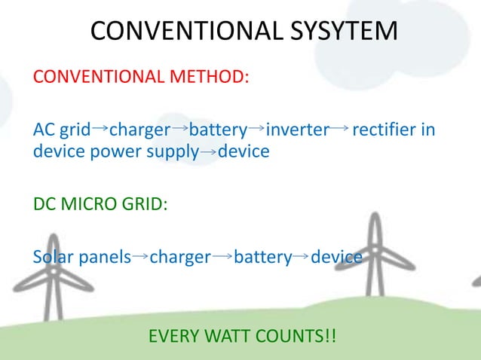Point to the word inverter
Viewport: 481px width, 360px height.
[298, 130]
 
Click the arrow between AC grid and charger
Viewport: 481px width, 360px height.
[100, 130]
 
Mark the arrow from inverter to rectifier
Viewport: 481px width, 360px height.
[339, 130]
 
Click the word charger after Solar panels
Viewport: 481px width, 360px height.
[180, 258]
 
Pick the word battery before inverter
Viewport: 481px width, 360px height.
[218, 130]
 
